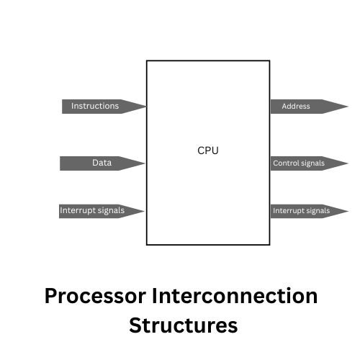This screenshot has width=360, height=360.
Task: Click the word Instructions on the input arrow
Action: (x=94, y=107)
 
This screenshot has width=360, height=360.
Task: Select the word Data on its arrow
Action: (x=102, y=163)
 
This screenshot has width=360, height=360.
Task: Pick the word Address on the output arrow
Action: (x=296, y=107)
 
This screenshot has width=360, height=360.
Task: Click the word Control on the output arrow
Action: (x=285, y=163)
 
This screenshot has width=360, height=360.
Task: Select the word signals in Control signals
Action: (x=312, y=163)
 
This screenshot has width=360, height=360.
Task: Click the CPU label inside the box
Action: (x=207, y=150)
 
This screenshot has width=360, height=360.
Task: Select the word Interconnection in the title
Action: (x=234, y=296)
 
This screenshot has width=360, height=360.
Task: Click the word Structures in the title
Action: (x=183, y=325)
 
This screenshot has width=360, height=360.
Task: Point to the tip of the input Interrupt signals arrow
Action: (x=143, y=211)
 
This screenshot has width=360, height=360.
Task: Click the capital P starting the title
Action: (x=51, y=296)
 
